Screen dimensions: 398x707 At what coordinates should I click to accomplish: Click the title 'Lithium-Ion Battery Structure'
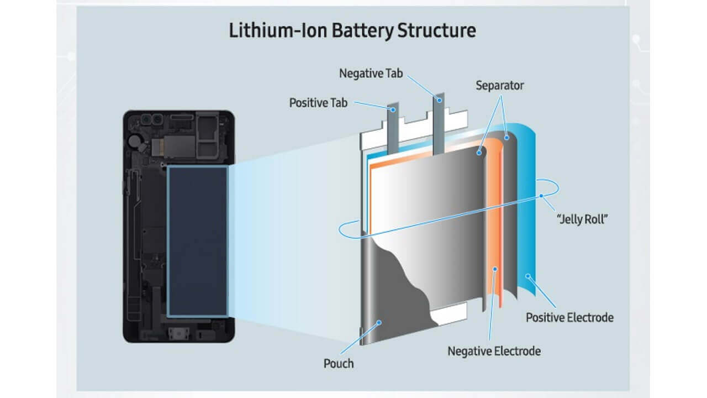pyautogui.click(x=352, y=30)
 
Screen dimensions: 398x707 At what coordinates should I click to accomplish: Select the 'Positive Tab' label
pyautogui.click(x=318, y=103)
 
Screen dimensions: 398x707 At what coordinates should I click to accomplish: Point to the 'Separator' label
pyautogui.click(x=499, y=86)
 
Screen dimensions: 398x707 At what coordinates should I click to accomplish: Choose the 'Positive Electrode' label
pyautogui.click(x=569, y=317)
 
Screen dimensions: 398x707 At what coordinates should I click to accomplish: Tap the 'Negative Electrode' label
pyautogui.click(x=494, y=351)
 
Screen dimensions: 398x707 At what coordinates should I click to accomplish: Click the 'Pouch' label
pyautogui.click(x=338, y=363)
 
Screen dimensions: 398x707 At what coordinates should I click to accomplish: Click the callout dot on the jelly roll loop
pyautogui.click(x=542, y=196)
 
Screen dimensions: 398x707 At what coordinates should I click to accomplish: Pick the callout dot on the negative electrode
pyautogui.click(x=495, y=269)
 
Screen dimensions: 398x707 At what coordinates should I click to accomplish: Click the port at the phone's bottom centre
pyautogui.click(x=177, y=334)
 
